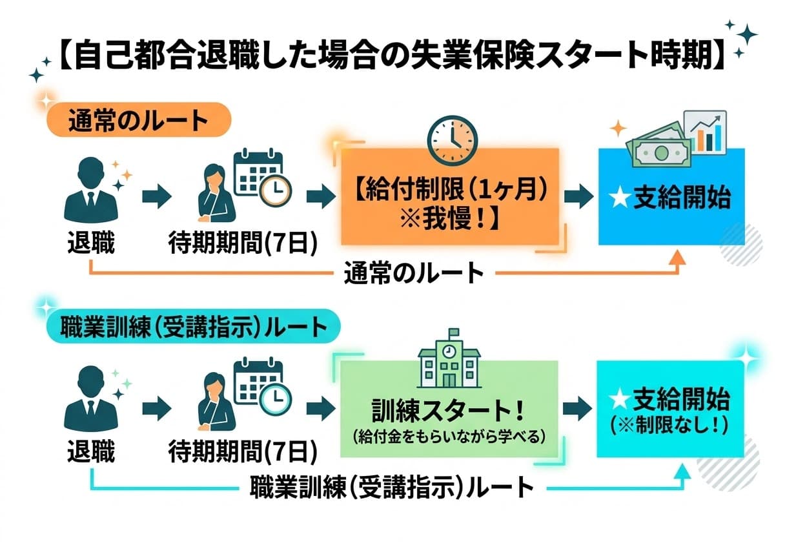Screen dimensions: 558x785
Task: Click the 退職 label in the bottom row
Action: pyautogui.click(x=91, y=452)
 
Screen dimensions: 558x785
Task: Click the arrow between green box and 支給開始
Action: pyautogui.click(x=576, y=408)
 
